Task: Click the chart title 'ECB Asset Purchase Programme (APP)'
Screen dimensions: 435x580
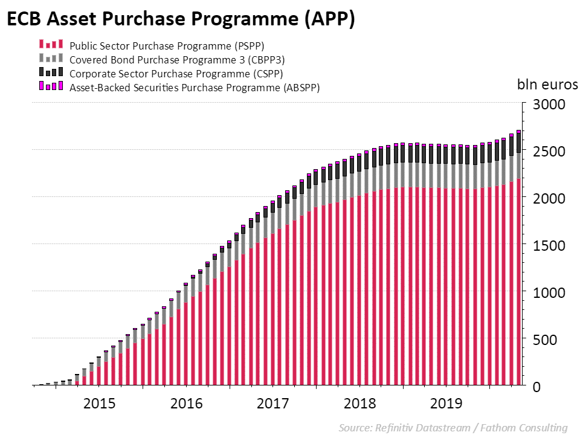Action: coord(180,19)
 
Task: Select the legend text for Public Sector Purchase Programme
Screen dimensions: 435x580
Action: coord(167,45)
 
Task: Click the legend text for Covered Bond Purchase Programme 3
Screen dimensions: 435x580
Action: coord(177,60)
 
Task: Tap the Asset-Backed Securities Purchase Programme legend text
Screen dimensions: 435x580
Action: coord(195,88)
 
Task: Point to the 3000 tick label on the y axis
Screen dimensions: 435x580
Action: coord(549,105)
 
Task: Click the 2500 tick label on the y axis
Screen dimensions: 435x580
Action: coord(549,151)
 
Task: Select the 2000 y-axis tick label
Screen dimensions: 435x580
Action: coord(549,198)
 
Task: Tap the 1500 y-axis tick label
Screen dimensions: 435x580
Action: coord(549,245)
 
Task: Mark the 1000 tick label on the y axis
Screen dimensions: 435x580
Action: coord(549,292)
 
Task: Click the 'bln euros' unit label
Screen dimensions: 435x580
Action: coord(547,84)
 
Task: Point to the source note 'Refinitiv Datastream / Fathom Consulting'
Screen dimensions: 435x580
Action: coord(453,428)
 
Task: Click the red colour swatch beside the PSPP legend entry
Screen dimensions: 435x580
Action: coord(50,45)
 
